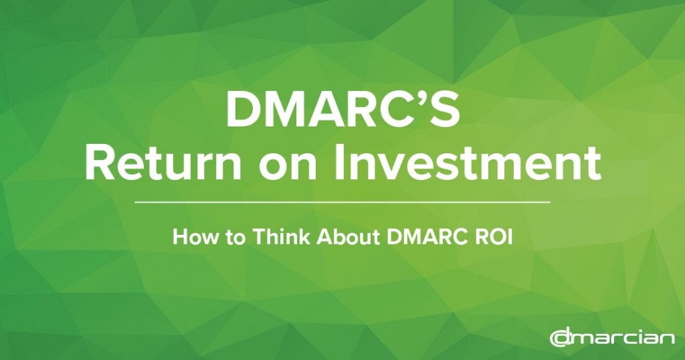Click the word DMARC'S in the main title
click(343, 110)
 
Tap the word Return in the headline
click(163, 163)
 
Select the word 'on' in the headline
click(288, 168)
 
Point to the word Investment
click(468, 163)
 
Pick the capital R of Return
click(99, 163)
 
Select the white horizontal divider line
click(342, 202)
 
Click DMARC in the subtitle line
click(427, 237)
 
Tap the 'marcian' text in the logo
click(622, 339)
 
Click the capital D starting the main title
click(242, 110)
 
